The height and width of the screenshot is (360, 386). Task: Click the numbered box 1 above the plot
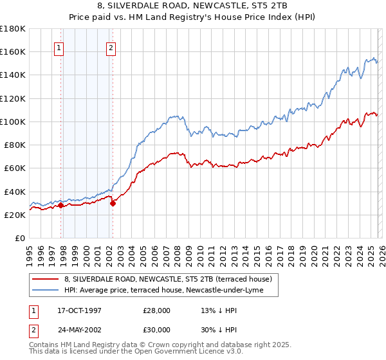[x=59, y=47]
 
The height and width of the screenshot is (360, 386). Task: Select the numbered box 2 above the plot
[x=111, y=47]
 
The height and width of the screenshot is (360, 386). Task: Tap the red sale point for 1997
[x=61, y=206]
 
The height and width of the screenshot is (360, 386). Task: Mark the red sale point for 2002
[x=113, y=203]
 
